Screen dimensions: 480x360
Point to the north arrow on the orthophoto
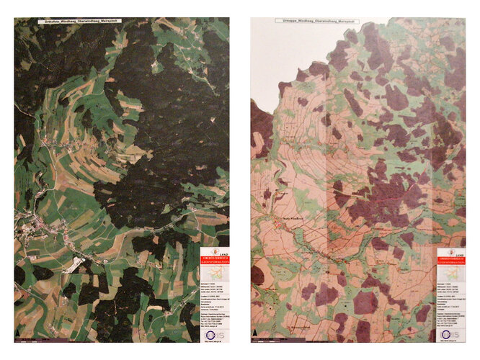pyautogui.click(x=18, y=335)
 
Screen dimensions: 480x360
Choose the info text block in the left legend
pyautogui.click(x=214, y=310)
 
